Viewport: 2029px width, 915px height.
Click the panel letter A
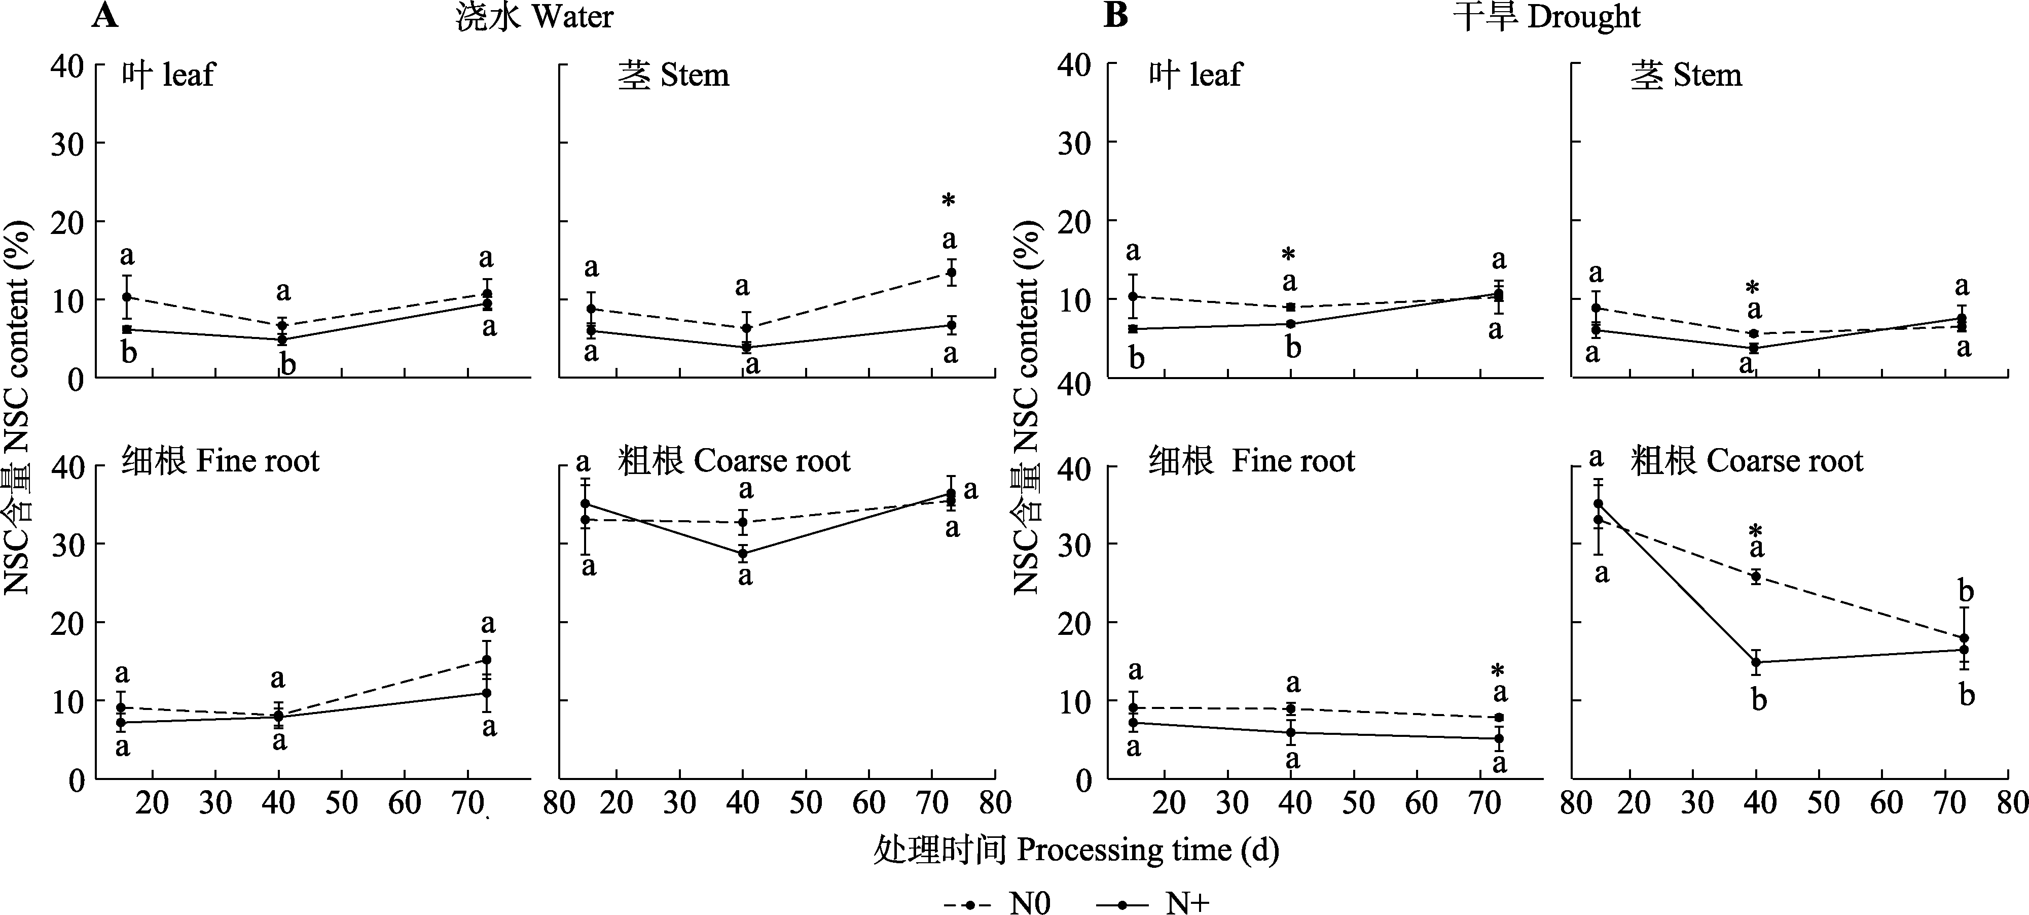pyautogui.click(x=105, y=15)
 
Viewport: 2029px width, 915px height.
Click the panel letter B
pyautogui.click(x=1115, y=15)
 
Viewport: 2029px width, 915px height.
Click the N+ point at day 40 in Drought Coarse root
pyautogui.click(x=1756, y=662)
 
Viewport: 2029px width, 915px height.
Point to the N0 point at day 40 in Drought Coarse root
pyautogui.click(x=1756, y=576)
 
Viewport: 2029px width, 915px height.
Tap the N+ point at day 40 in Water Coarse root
pyautogui.click(x=743, y=553)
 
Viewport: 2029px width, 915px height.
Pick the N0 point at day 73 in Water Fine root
pyautogui.click(x=487, y=660)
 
